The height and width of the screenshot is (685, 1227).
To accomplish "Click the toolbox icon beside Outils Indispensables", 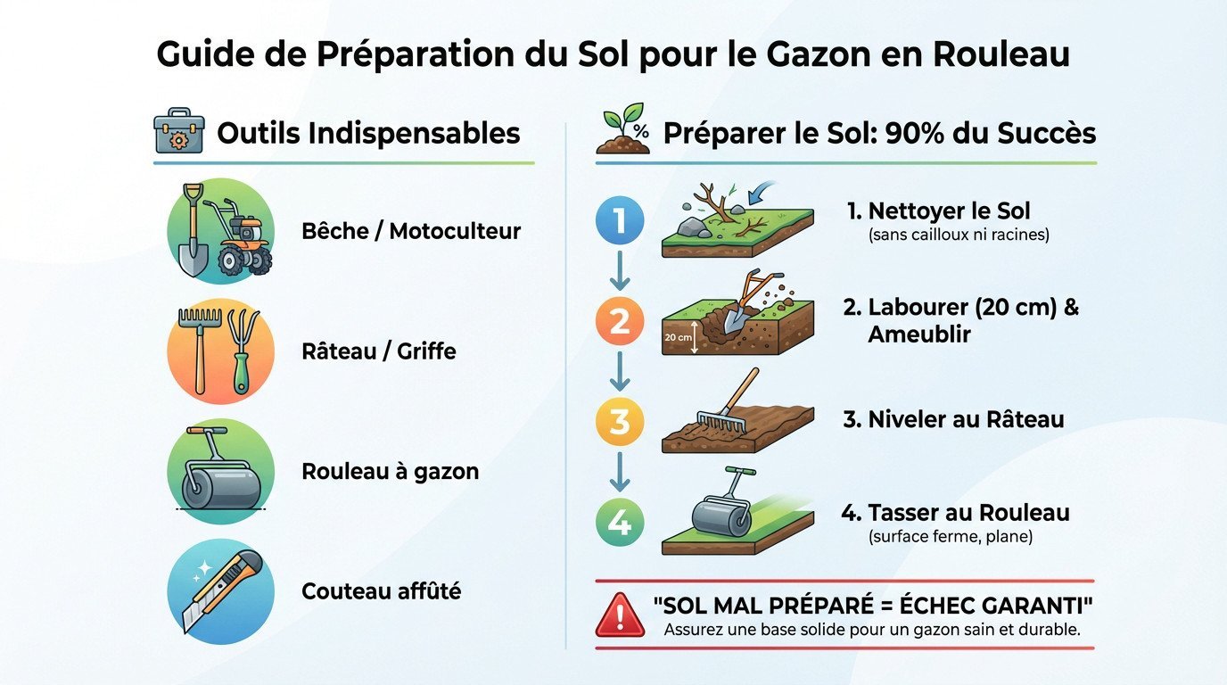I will coord(178,132).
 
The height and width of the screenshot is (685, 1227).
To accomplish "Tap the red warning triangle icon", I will coord(621,615).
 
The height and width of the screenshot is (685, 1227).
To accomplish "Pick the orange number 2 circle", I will coord(619,322).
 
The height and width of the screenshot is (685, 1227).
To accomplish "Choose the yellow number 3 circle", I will coord(619,421).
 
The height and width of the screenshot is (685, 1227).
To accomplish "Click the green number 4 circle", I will coord(619,523).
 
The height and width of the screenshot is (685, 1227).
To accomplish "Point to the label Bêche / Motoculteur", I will coord(411,232).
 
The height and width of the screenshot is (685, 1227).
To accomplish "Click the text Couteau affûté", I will coord(381,590).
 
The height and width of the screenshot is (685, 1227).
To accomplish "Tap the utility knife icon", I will coord(220,590).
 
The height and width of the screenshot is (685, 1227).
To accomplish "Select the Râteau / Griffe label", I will coord(379,351).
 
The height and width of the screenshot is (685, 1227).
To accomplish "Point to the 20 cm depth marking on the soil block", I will coord(679,338).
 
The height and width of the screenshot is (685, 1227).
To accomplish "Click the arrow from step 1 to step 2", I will coord(619,270).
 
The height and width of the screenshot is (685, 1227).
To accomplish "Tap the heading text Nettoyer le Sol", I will coord(949,211).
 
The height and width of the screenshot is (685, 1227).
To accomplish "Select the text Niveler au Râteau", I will coord(953,419).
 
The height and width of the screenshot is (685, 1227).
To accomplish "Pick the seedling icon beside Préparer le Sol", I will coord(623,132).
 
